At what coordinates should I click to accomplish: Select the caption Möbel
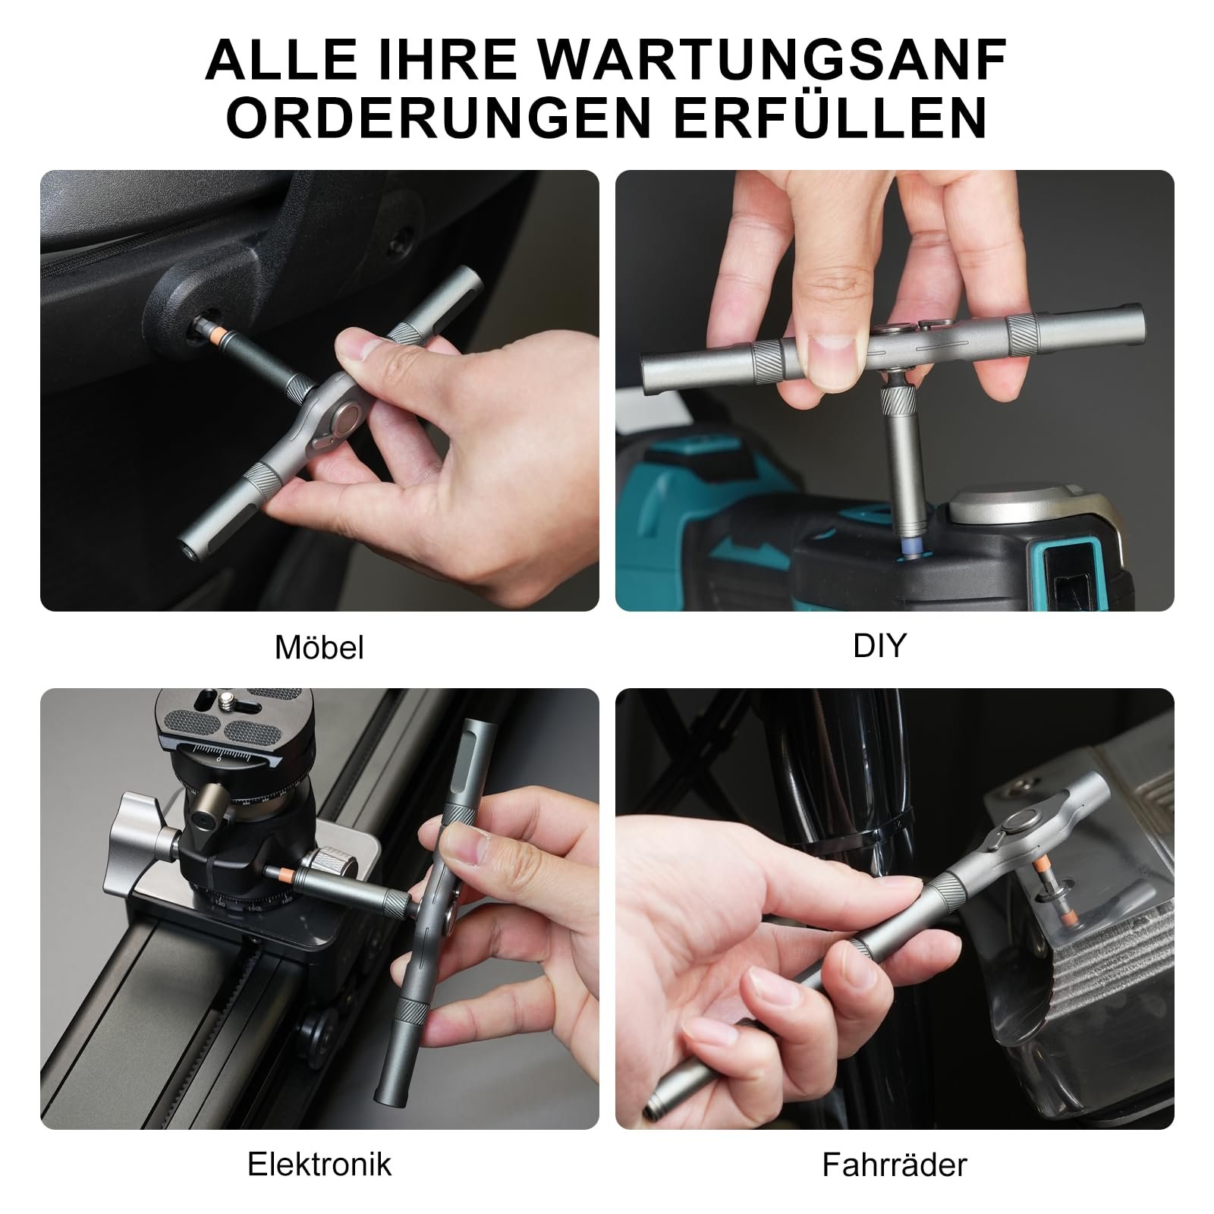(319, 647)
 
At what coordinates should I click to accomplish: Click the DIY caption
(880, 645)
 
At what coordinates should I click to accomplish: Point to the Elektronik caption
(319, 1163)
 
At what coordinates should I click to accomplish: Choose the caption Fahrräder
(895, 1164)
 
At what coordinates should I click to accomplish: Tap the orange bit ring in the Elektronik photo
(281, 876)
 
